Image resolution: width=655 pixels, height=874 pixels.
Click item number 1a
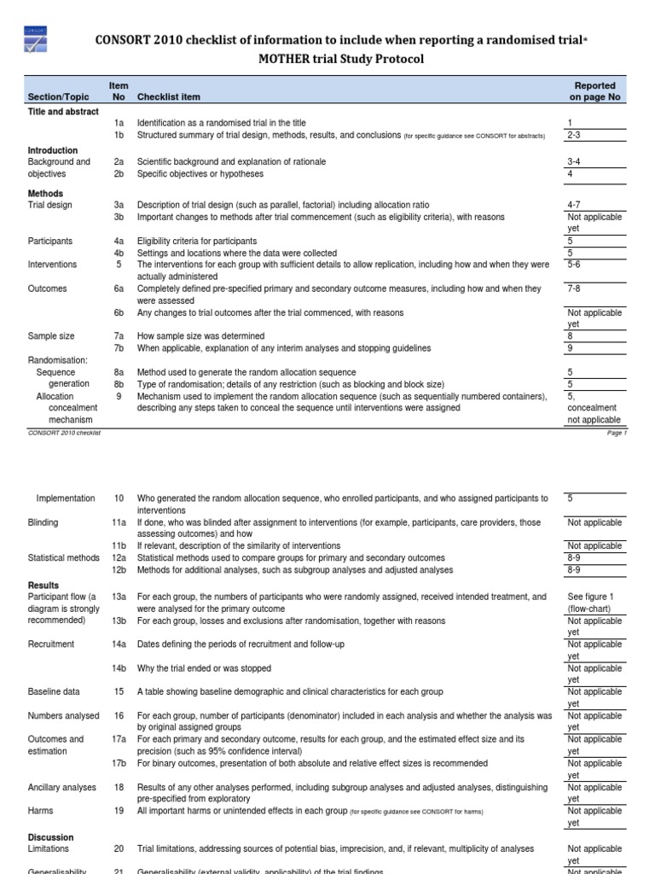point(119,123)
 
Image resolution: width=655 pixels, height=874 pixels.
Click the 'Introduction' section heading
point(53,150)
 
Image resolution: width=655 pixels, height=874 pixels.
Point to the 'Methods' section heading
point(45,194)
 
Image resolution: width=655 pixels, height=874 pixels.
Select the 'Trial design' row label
point(50,206)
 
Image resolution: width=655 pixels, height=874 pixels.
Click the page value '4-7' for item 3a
point(576,206)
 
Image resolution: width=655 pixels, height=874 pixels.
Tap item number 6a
point(119,289)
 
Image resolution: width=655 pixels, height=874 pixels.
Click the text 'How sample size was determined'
point(200,336)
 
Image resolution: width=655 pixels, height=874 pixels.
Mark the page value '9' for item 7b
point(570,348)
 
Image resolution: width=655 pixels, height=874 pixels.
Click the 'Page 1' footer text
point(617,433)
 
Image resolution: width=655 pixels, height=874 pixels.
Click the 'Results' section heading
point(43,586)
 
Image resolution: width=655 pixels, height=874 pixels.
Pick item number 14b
point(119,668)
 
